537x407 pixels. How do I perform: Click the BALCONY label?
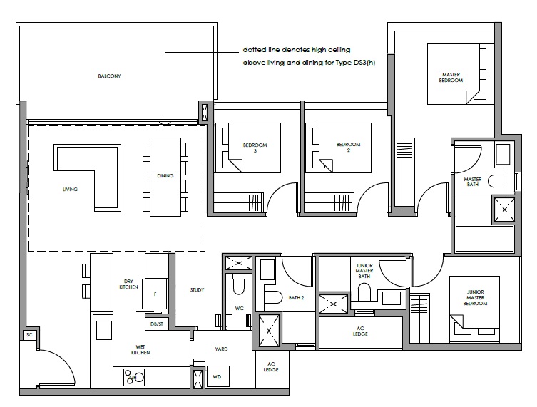109,76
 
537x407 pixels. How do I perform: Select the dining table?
165,177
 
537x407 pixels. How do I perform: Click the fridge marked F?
155,294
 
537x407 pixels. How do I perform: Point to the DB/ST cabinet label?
156,324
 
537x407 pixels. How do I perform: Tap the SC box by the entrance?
29,335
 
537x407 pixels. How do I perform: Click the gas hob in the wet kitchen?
134,377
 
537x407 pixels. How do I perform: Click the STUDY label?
198,289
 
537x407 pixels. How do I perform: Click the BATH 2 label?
296,298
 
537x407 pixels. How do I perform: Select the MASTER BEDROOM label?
451,78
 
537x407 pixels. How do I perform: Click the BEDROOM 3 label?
255,148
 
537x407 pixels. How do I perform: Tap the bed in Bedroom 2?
338,148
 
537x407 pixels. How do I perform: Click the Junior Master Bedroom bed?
474,305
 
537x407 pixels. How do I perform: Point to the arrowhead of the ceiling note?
165,123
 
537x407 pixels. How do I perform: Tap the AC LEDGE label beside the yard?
271,367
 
